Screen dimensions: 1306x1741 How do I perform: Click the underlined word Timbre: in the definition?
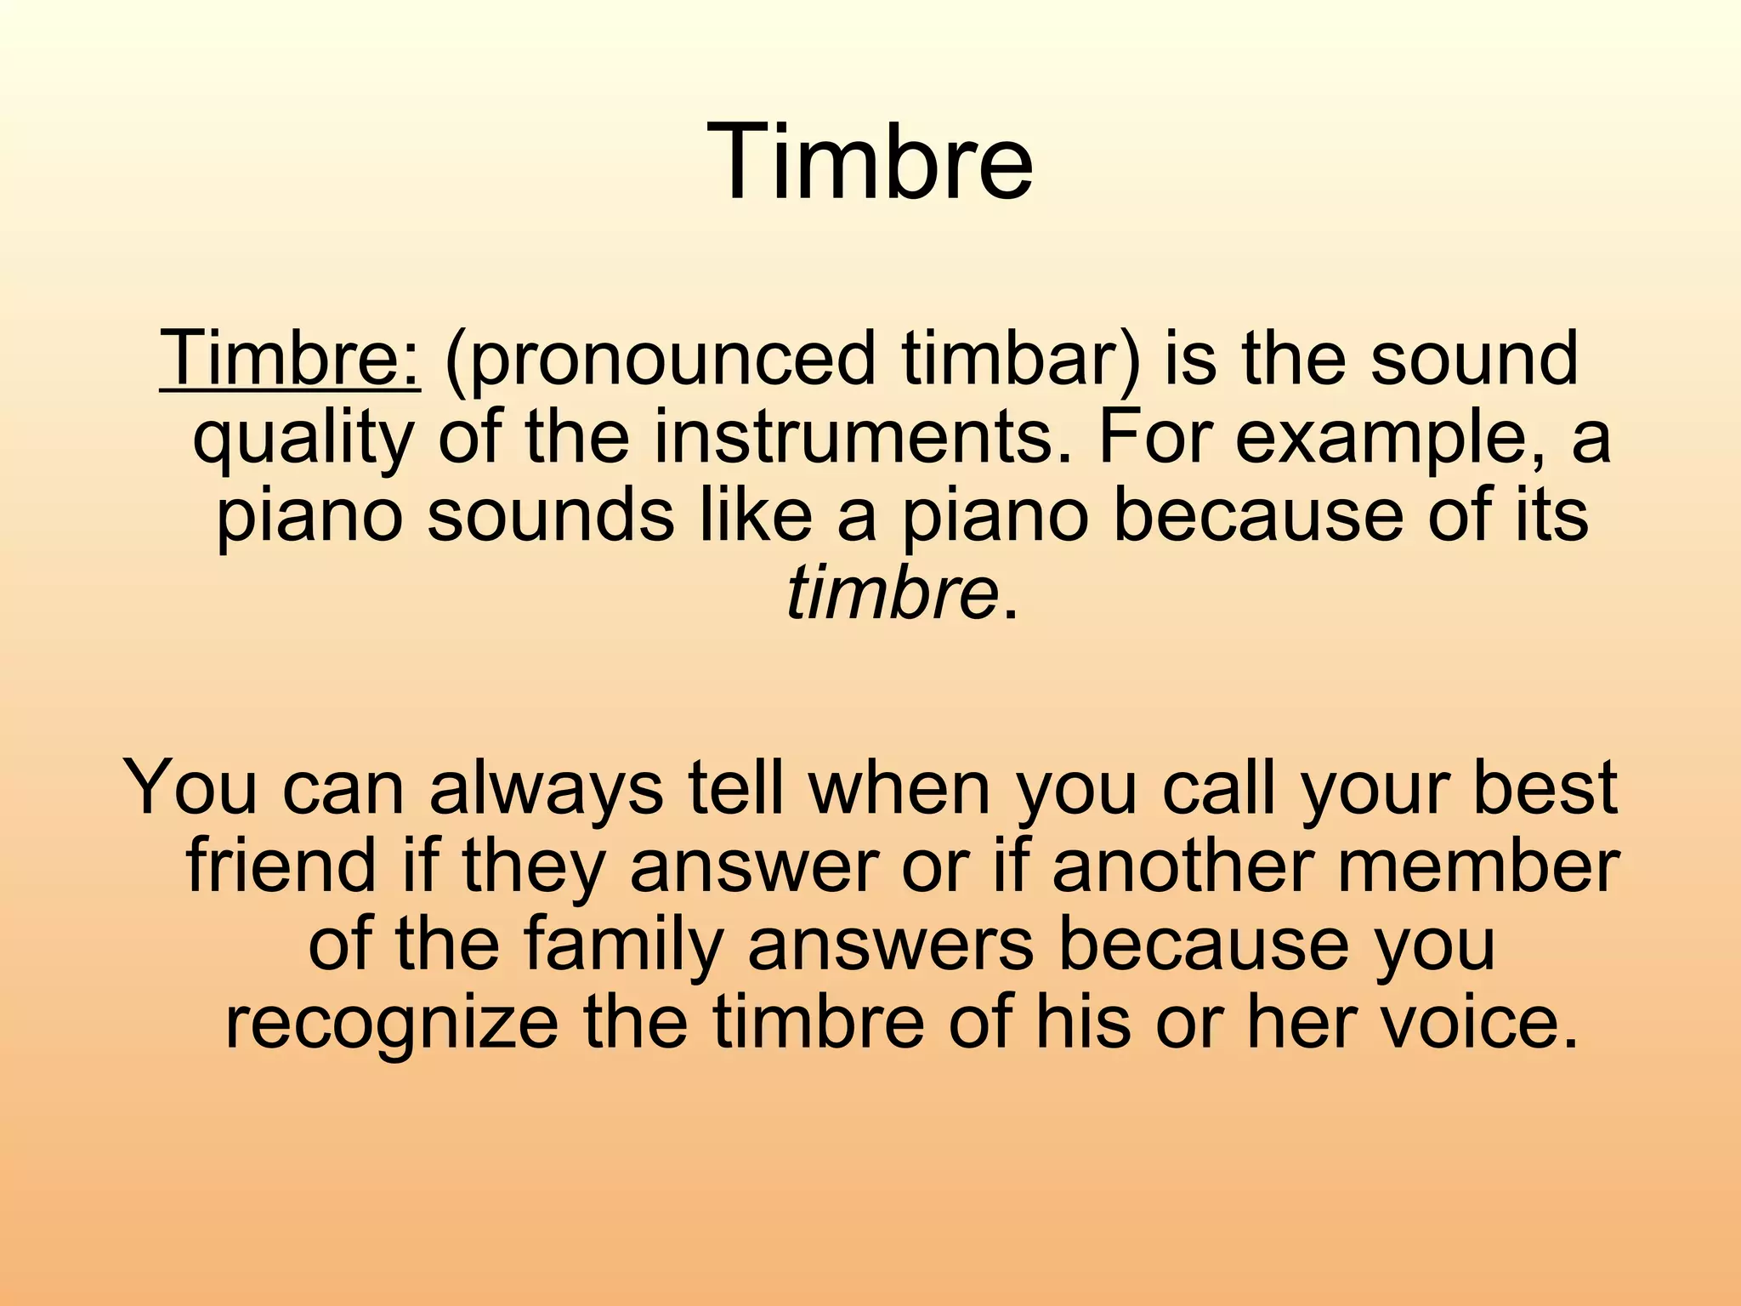point(290,359)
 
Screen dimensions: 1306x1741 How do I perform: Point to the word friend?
point(281,866)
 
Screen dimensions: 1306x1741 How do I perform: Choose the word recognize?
point(390,1024)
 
